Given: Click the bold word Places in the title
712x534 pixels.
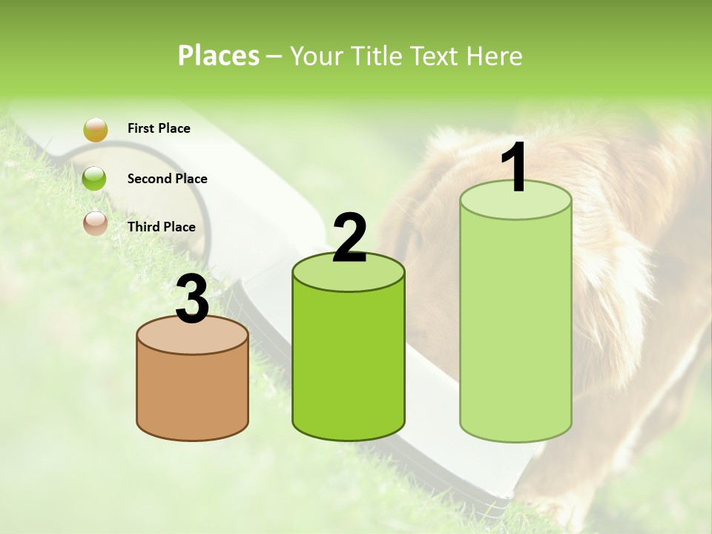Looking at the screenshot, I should tap(219, 56).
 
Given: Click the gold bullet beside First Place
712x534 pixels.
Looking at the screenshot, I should tap(95, 129).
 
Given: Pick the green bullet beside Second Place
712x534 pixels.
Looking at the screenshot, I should tap(95, 179).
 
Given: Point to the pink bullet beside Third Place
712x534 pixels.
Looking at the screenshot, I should tap(95, 222).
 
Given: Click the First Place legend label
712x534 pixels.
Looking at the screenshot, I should tap(159, 128).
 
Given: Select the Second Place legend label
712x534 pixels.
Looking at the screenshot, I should tap(167, 179).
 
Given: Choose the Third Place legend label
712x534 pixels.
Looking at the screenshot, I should tap(161, 227).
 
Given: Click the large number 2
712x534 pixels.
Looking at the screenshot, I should tap(349, 238).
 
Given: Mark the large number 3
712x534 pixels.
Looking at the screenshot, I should tap(192, 300).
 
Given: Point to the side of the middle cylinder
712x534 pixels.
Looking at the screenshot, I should tap(349, 363).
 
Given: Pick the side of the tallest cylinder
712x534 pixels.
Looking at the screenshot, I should tap(515, 334).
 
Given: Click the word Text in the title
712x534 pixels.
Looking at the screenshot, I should tap(438, 56).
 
